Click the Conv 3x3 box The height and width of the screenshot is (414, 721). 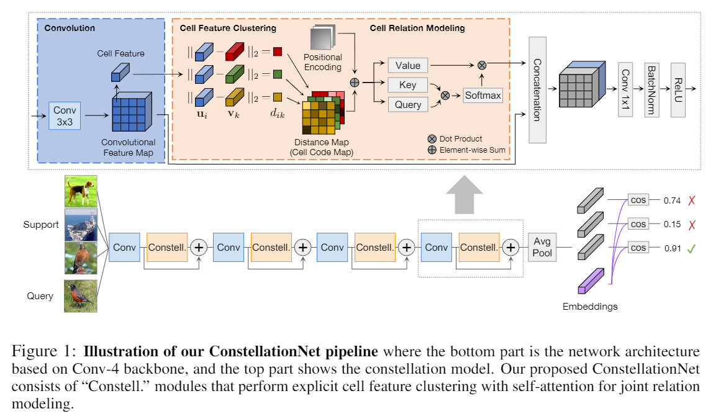[x=65, y=116]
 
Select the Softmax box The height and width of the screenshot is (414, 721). [x=483, y=95]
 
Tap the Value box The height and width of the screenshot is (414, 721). [x=407, y=65]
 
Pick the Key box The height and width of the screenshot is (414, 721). [x=407, y=84]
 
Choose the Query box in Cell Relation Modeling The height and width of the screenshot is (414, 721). [x=407, y=104]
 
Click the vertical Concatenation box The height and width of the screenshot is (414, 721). [x=537, y=90]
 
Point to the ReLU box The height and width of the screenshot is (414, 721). [x=678, y=90]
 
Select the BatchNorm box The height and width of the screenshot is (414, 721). [x=651, y=90]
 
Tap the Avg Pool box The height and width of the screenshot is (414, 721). [x=542, y=247]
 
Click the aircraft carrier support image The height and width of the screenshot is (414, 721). [x=81, y=225]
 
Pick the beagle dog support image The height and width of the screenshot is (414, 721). [x=81, y=191]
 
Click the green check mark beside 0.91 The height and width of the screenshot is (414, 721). [x=691, y=248]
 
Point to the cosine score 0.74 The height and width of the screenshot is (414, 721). [x=672, y=200]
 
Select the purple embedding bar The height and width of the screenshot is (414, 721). [x=591, y=281]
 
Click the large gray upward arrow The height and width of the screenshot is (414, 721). [x=464, y=194]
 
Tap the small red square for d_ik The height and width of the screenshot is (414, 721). [x=277, y=52]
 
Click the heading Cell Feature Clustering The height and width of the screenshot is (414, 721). [x=228, y=28]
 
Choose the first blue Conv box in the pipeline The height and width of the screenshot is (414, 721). [x=124, y=247]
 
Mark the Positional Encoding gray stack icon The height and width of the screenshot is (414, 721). [x=323, y=38]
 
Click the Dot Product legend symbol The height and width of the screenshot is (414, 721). [x=432, y=139]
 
